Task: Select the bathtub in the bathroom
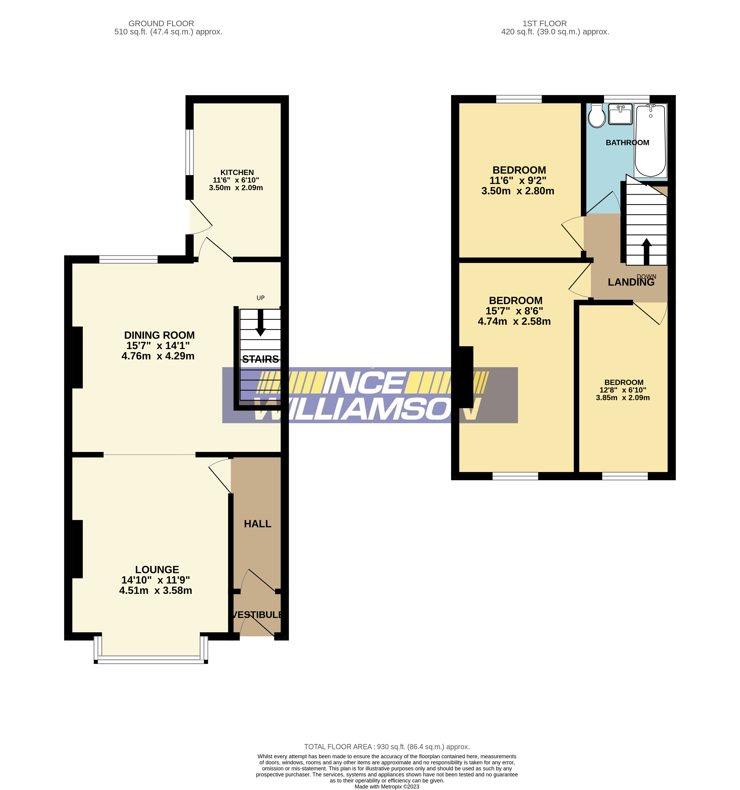click(650, 141)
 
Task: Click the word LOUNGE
click(157, 570)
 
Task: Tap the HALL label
click(257, 524)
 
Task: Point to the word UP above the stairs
click(261, 298)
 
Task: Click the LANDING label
click(631, 282)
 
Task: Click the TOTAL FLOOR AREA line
click(386, 747)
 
